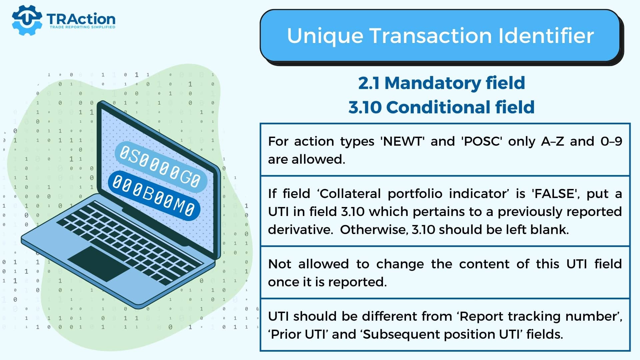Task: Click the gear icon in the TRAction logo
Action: tap(27, 20)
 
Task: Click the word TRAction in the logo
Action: tap(81, 19)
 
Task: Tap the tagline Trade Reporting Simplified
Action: tap(82, 27)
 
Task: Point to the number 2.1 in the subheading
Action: tap(369, 83)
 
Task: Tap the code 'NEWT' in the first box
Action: tap(402, 141)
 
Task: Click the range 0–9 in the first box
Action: tap(611, 141)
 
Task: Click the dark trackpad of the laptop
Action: tap(98, 263)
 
